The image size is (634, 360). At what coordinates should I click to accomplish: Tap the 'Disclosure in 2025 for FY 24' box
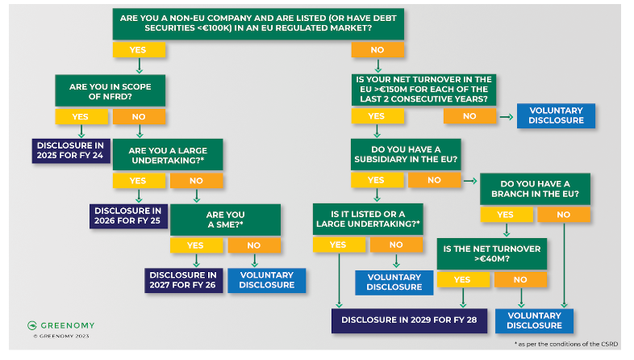(70, 150)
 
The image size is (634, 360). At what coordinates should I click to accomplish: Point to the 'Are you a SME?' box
(225, 220)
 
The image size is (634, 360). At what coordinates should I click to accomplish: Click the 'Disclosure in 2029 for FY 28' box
(411, 320)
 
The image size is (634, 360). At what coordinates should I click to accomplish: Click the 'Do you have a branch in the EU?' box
(535, 189)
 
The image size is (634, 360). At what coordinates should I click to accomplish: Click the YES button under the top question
(139, 50)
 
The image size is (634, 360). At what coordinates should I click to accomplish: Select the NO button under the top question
(377, 50)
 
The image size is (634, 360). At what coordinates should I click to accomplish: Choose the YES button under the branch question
(506, 215)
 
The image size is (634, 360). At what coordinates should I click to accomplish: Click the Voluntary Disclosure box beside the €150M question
(556, 115)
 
